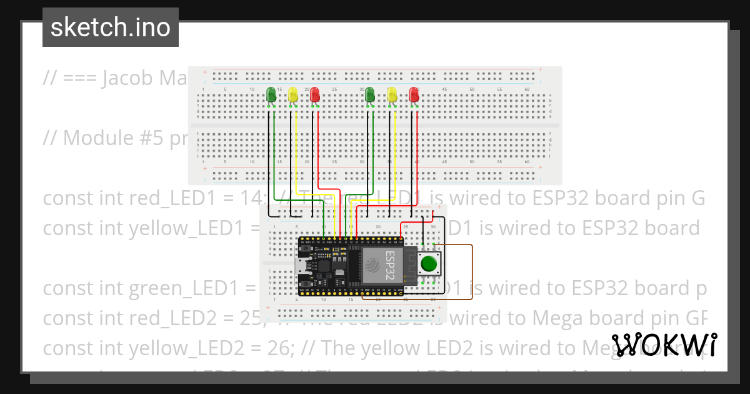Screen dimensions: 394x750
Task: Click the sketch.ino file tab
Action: [110, 28]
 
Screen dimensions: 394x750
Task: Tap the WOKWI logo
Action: [664, 345]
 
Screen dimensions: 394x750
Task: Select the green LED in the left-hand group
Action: [271, 94]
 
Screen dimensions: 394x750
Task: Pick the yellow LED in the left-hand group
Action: [292, 95]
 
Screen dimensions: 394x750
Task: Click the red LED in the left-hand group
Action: [315, 95]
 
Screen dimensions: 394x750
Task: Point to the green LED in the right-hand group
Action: [369, 94]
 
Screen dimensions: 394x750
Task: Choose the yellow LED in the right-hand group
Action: [392, 95]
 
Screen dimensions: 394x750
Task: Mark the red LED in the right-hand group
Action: [414, 95]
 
